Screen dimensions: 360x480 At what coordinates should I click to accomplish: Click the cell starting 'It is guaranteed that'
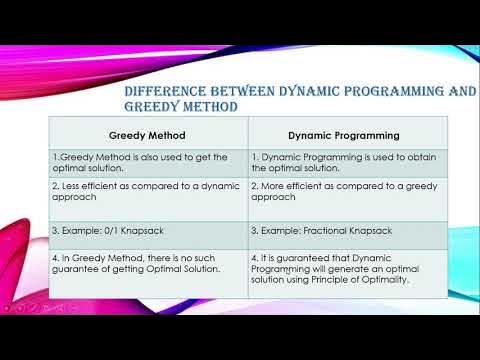(345, 269)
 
